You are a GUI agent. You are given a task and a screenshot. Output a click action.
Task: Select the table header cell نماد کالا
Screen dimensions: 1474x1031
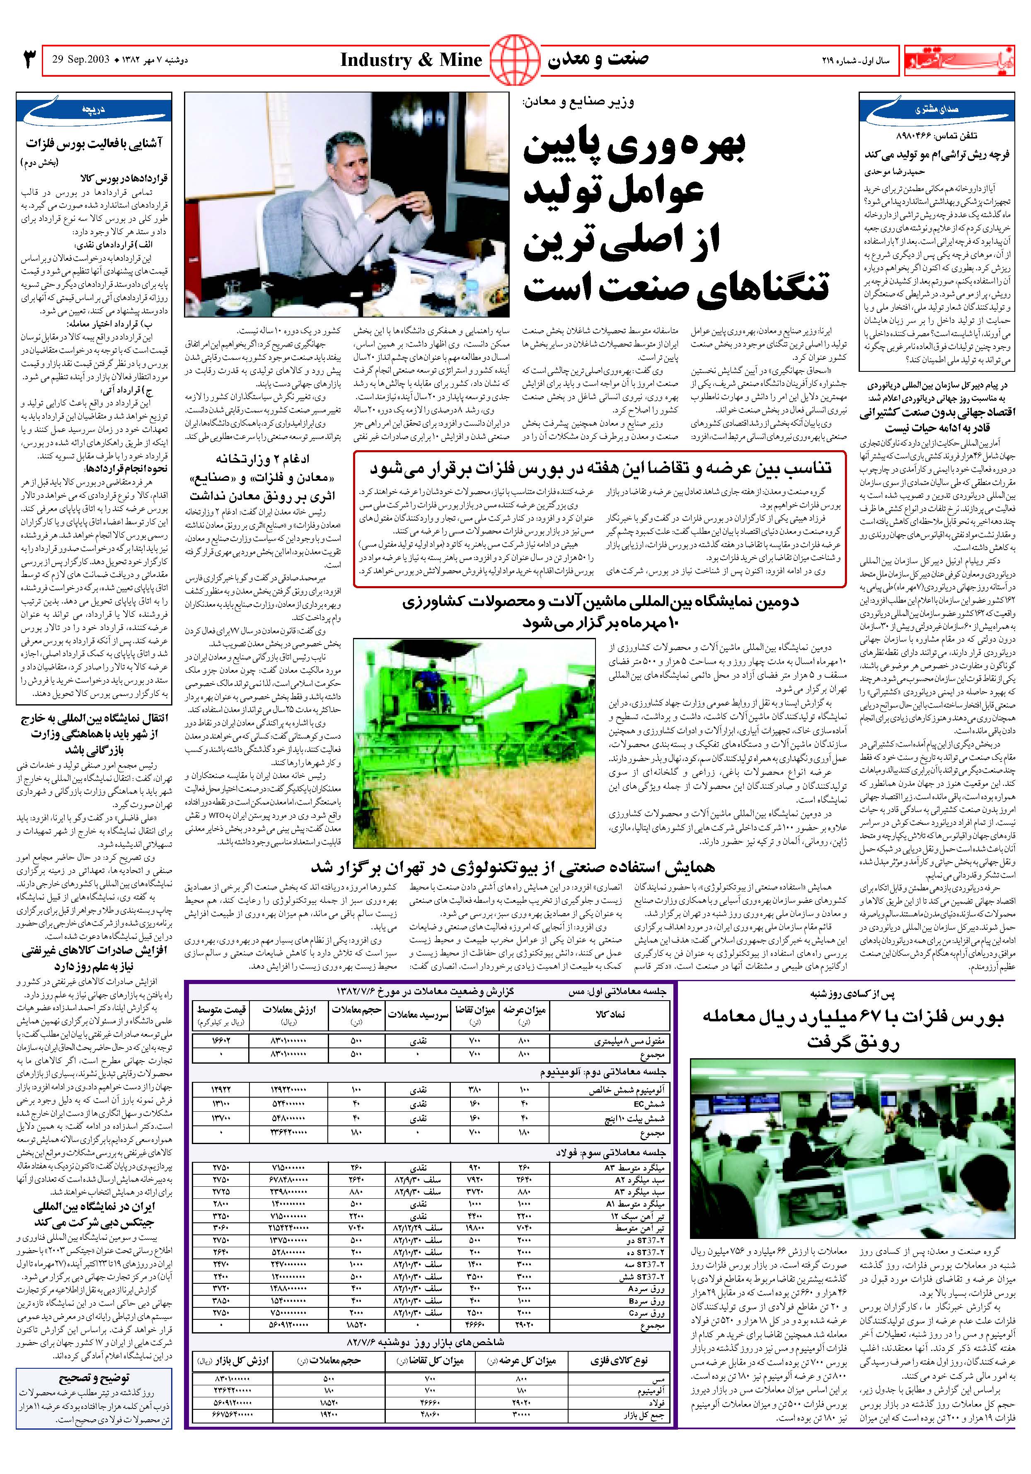click(x=610, y=1014)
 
